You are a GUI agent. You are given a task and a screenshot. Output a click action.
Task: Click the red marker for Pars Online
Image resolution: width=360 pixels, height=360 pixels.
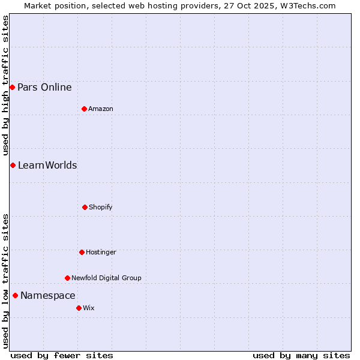[x=12, y=87]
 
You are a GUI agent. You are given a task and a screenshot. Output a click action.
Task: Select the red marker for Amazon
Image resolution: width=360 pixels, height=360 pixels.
[x=84, y=109]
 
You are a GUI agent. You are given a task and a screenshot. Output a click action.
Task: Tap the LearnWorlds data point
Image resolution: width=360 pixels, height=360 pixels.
[x=13, y=165]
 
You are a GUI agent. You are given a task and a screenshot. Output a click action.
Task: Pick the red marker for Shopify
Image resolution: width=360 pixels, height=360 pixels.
[x=85, y=207]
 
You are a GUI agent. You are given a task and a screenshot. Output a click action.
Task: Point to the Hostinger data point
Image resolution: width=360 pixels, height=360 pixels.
[x=82, y=252]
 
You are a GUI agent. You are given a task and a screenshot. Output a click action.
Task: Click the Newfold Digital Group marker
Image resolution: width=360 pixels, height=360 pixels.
[x=67, y=278]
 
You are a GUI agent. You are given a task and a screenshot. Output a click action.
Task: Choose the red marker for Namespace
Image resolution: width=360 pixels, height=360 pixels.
[x=15, y=295]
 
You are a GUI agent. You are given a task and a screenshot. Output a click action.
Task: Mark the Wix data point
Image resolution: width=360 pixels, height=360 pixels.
[x=79, y=308]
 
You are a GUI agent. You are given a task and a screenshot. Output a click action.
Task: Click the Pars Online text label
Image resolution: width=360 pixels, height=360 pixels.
[x=44, y=87]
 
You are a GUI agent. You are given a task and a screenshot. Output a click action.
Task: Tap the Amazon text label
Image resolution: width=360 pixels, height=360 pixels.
[x=101, y=109]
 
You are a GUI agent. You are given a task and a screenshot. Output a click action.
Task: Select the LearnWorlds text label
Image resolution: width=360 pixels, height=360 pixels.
[x=47, y=165]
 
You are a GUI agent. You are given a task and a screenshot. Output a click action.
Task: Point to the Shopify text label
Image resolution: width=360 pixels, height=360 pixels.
[x=101, y=207]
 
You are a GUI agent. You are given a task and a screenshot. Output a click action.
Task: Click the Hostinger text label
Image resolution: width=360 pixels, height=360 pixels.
[x=101, y=252]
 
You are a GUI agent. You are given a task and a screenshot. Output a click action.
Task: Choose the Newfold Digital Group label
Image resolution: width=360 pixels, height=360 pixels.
[x=106, y=278]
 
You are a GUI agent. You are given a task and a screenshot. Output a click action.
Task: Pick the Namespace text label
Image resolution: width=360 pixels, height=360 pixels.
[x=48, y=295]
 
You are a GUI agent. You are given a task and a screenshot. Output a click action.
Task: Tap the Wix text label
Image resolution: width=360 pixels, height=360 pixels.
[x=89, y=308]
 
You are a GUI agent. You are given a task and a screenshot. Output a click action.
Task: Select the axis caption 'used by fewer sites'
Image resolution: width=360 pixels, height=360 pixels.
[x=62, y=355]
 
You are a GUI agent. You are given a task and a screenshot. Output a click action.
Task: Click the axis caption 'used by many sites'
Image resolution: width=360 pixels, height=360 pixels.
[x=301, y=355]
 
